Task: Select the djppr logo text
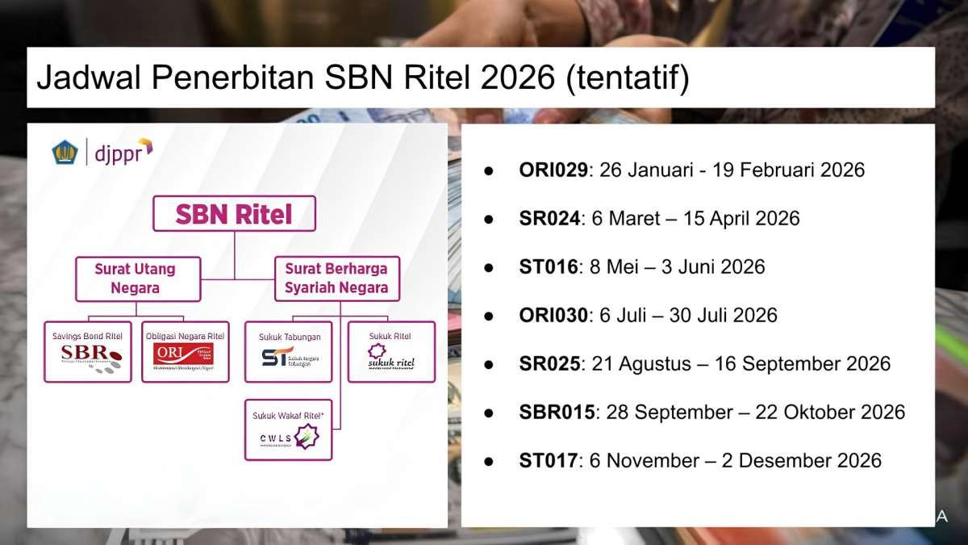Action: [x=122, y=151]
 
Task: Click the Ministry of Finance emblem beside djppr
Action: [x=65, y=152]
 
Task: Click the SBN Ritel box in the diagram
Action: [x=234, y=214]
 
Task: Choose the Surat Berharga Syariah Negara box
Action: [x=336, y=279]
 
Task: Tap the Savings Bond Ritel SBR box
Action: [x=88, y=351]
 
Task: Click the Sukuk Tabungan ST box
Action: [x=288, y=351]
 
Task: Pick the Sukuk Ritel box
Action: [x=390, y=351]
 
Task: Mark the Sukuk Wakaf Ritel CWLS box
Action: [x=288, y=430]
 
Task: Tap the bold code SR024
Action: [x=549, y=219]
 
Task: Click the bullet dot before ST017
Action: [x=488, y=461]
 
